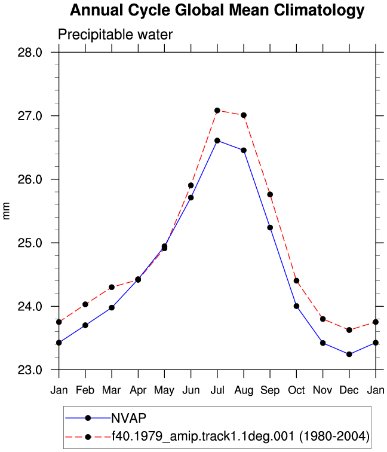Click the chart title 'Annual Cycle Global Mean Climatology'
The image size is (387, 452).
pyautogui.click(x=217, y=11)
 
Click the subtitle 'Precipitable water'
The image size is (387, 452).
pyautogui.click(x=115, y=35)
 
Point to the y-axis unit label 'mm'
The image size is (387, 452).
pyautogui.click(x=6, y=210)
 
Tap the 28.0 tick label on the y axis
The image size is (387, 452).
pyautogui.click(x=30, y=53)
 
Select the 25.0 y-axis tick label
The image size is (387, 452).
pyautogui.click(x=30, y=243)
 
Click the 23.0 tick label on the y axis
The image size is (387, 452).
pyautogui.click(x=30, y=370)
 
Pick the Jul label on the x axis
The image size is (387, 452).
pyautogui.click(x=217, y=390)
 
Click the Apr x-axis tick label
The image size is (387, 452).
pyautogui.click(x=138, y=390)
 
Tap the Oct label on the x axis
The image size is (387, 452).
pyautogui.click(x=296, y=390)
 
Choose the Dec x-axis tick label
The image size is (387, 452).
pyautogui.click(x=349, y=390)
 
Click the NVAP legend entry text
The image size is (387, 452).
pyautogui.click(x=129, y=418)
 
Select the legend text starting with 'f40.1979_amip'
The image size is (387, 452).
pyautogui.click(x=241, y=436)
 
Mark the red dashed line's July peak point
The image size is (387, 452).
pyautogui.click(x=217, y=111)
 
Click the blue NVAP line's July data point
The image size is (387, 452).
pyautogui.click(x=217, y=141)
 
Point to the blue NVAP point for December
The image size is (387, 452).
pyautogui.click(x=349, y=355)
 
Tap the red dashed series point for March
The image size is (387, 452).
pyautogui.click(x=112, y=287)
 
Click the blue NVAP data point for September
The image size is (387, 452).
pyautogui.click(x=270, y=227)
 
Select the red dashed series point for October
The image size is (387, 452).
pyautogui.click(x=296, y=281)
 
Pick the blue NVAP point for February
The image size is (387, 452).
pyautogui.click(x=85, y=325)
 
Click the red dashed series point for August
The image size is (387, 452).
pyautogui.click(x=244, y=115)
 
